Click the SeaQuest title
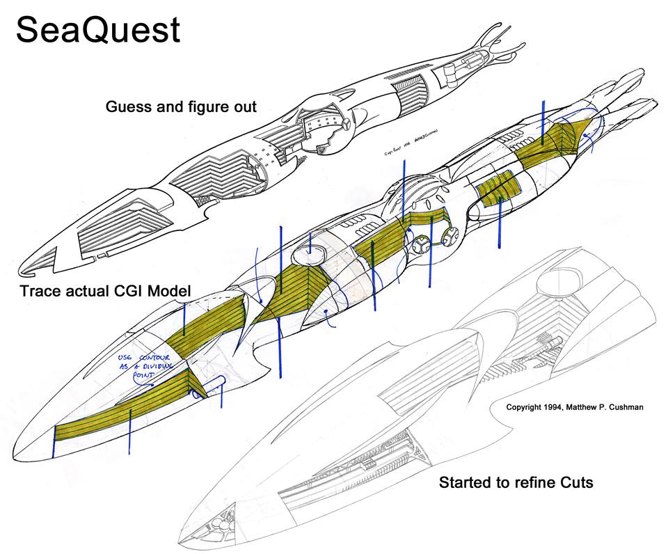tap(98, 30)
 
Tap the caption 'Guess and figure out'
tap(181, 107)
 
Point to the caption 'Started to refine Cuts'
tap(515, 482)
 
